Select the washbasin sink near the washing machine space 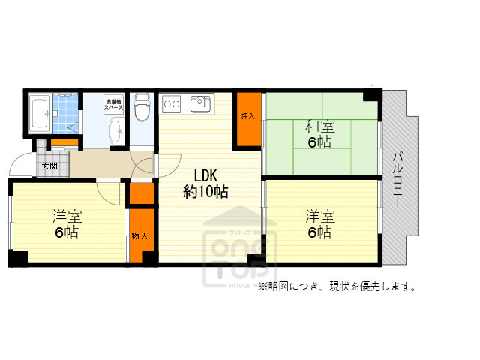(x=114, y=136)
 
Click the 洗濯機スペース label (x=114, y=104)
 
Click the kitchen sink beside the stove (x=201, y=103)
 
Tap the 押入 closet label (x=247, y=116)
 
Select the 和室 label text (x=319, y=125)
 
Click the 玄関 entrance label (x=49, y=166)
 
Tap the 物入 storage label (x=139, y=236)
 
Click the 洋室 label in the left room (x=67, y=216)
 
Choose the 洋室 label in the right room (x=320, y=216)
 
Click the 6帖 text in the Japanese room (x=319, y=142)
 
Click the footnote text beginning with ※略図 (x=337, y=286)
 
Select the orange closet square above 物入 (x=139, y=193)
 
